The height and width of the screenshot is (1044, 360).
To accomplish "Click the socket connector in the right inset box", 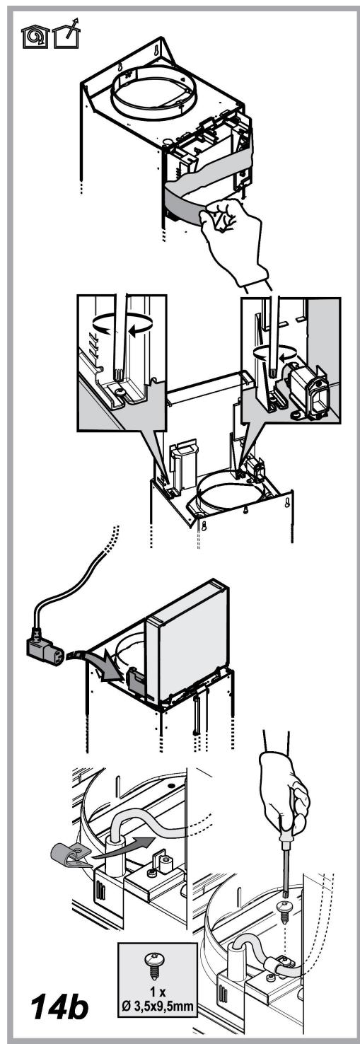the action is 308,386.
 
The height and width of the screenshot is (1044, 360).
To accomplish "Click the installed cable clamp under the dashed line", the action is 280,949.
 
